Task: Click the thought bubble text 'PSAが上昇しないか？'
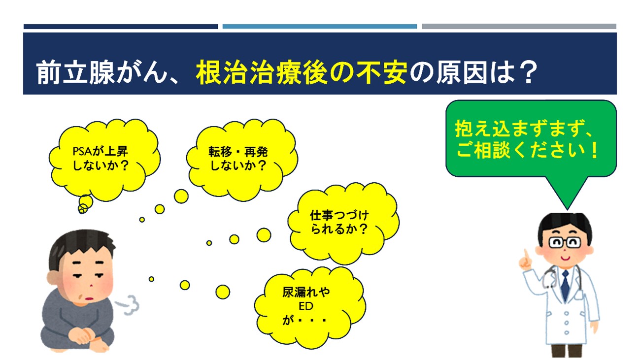pos(101,159)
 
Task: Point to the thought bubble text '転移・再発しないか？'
pos(238,159)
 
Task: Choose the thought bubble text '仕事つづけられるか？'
pos(339,222)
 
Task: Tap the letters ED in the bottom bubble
pos(306,306)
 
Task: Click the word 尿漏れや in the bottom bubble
pos(306,292)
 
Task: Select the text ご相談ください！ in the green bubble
pos(527,150)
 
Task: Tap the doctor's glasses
pos(564,243)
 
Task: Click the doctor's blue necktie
pos(565,286)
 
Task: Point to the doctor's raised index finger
pos(525,255)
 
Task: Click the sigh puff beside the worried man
pos(128,305)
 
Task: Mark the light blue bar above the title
pos(320,27)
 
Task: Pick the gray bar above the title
pos(519,27)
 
